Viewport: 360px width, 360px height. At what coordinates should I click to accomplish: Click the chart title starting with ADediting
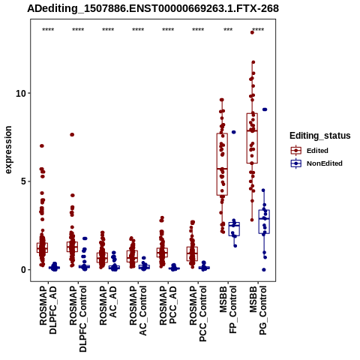pyautogui.click(x=153, y=8)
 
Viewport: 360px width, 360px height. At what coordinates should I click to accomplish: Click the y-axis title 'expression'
pyautogui.click(x=8, y=150)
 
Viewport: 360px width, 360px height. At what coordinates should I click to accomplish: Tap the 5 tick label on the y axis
pyautogui.click(x=24, y=181)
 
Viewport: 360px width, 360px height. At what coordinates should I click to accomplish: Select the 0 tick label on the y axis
pyautogui.click(x=24, y=270)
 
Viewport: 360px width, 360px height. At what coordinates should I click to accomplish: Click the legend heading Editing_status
pyautogui.click(x=320, y=136)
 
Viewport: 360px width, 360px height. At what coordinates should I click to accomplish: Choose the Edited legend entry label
pyautogui.click(x=317, y=151)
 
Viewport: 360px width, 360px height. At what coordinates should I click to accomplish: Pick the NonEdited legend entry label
pyautogui.click(x=325, y=163)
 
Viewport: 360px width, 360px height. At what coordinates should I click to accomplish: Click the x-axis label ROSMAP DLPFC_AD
pyautogui.click(x=48, y=310)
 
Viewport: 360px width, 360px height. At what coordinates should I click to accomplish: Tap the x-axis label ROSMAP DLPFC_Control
pyautogui.click(x=78, y=319)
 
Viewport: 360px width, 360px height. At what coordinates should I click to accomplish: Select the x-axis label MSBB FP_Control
pyautogui.click(x=228, y=310)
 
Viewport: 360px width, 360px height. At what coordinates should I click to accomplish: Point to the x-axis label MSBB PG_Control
pyautogui.click(x=258, y=310)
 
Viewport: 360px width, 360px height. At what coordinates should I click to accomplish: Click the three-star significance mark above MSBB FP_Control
pyautogui.click(x=228, y=30)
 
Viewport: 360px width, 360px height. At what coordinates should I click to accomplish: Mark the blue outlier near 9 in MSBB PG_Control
pyautogui.click(x=265, y=109)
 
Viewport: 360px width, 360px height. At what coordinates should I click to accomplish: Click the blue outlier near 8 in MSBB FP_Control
pyautogui.click(x=234, y=132)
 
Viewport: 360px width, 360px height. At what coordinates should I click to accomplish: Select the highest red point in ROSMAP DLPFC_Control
pyautogui.click(x=72, y=134)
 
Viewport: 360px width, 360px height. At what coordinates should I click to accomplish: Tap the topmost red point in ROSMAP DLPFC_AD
pyautogui.click(x=42, y=145)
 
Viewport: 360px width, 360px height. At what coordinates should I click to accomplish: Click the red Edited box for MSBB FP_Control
pyautogui.click(x=222, y=164)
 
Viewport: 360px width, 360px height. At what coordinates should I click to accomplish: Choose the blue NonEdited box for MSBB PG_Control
pyautogui.click(x=264, y=222)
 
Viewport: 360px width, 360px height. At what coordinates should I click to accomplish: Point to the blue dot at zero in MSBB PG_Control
pyautogui.click(x=264, y=270)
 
